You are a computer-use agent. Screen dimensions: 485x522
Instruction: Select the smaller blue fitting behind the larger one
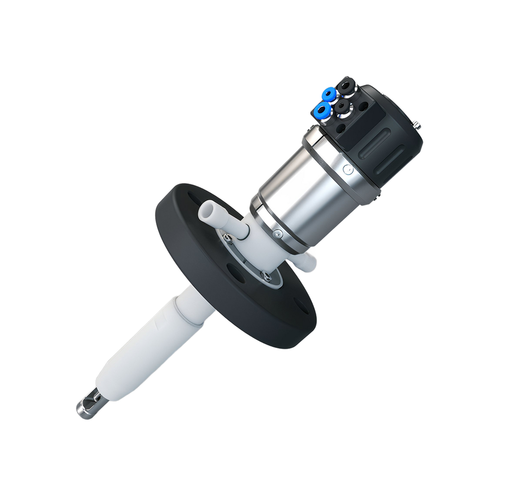[x=328, y=95]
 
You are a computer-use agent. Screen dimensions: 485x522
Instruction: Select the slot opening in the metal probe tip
[x=92, y=403]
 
